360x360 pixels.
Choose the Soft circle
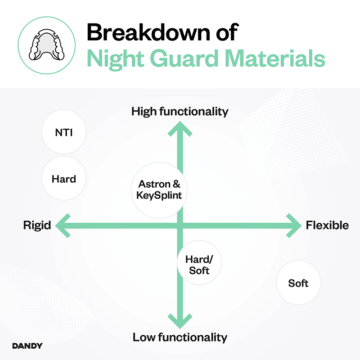pos(297,283)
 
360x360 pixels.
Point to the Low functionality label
pos(180,337)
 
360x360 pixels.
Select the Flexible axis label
pos(327,226)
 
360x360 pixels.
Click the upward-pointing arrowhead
pos(180,128)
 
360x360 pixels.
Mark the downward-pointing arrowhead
pos(180,318)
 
